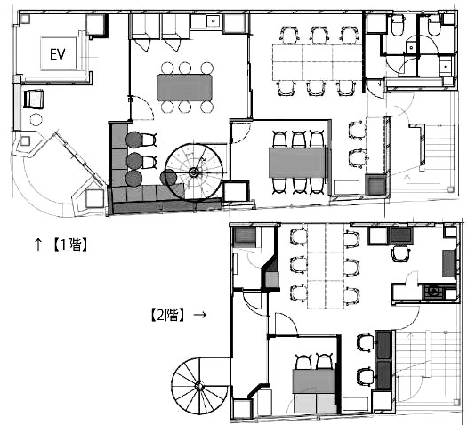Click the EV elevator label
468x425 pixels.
(x=58, y=54)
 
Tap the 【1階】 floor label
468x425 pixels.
(x=70, y=245)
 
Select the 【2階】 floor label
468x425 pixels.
(x=167, y=315)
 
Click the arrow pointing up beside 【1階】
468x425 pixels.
(x=38, y=245)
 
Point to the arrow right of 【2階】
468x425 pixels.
(x=199, y=315)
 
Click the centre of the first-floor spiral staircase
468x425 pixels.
(x=194, y=172)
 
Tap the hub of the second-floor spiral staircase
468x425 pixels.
(x=198, y=386)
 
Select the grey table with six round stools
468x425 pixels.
(x=184, y=88)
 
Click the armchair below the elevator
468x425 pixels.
(x=33, y=99)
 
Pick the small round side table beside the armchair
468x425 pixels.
(x=36, y=120)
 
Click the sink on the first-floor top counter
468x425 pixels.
(x=214, y=21)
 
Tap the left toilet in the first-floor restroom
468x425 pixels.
(x=398, y=26)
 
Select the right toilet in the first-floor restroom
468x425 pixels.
(x=434, y=27)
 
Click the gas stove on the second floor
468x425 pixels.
(x=433, y=292)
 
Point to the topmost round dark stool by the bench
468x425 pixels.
(x=133, y=140)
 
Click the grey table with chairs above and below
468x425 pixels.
(x=297, y=163)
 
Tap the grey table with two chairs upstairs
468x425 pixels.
(x=313, y=381)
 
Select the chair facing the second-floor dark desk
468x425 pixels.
(x=401, y=253)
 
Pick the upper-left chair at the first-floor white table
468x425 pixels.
(x=289, y=34)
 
